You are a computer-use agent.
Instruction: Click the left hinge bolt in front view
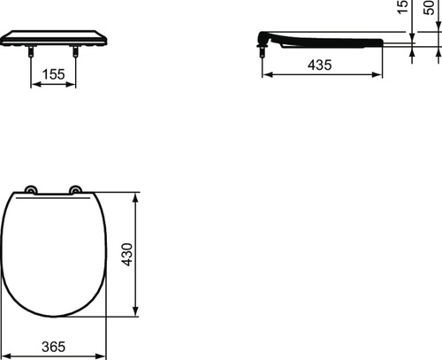tap(33, 54)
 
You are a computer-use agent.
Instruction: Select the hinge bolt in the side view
tap(263, 52)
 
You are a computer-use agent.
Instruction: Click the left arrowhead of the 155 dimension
tap(35, 86)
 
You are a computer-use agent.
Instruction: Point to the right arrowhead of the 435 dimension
tap(381, 74)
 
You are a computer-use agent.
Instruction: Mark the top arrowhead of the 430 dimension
tap(134, 194)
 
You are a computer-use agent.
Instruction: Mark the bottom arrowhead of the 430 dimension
tap(134, 316)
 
